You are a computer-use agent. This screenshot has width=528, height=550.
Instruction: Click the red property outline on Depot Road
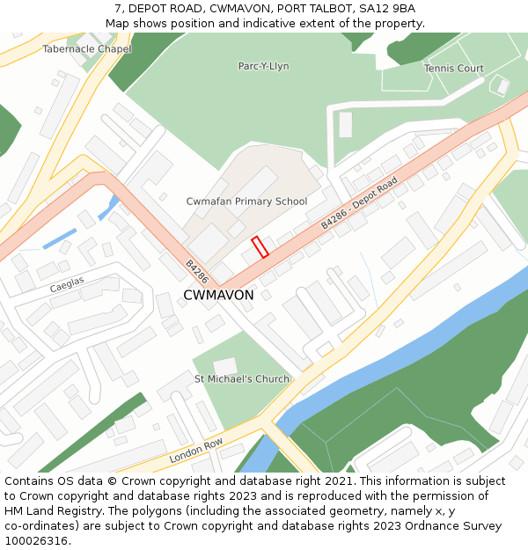click(x=260, y=247)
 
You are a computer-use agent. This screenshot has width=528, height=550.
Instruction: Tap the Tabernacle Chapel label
click(x=86, y=49)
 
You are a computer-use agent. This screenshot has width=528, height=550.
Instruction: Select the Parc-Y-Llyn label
click(x=263, y=66)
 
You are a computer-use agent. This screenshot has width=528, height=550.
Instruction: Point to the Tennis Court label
click(x=453, y=68)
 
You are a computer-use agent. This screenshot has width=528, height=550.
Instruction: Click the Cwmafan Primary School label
click(x=246, y=202)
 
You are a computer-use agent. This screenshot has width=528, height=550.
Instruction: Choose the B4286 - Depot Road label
click(x=359, y=203)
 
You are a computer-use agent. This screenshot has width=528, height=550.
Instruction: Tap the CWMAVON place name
click(x=218, y=296)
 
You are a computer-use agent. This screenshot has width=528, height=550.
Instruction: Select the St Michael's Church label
click(x=241, y=379)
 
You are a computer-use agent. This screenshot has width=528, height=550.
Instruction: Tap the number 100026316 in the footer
click(x=35, y=540)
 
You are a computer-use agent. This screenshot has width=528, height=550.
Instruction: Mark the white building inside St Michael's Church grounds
click(x=225, y=365)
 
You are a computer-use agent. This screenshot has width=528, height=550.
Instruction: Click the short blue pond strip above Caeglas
click(x=59, y=238)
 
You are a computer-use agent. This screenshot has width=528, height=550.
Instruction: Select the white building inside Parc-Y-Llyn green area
click(x=345, y=124)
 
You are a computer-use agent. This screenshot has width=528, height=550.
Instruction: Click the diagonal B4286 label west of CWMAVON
click(x=196, y=271)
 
